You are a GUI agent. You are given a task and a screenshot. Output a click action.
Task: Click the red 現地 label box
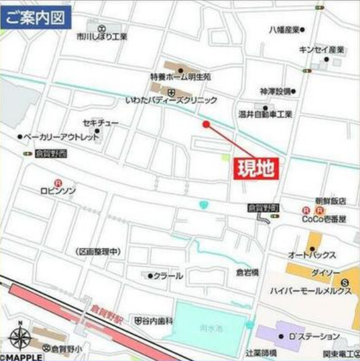click(x=255, y=169)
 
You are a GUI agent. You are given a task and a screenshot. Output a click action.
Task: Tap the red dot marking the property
click(x=206, y=124)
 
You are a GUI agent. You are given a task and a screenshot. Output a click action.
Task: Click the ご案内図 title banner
click(x=36, y=17)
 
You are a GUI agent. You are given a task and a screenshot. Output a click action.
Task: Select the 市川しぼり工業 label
click(x=102, y=37)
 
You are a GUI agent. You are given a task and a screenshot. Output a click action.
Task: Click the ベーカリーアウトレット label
click(x=60, y=136)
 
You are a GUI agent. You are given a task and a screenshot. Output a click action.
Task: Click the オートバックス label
click(x=312, y=255)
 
